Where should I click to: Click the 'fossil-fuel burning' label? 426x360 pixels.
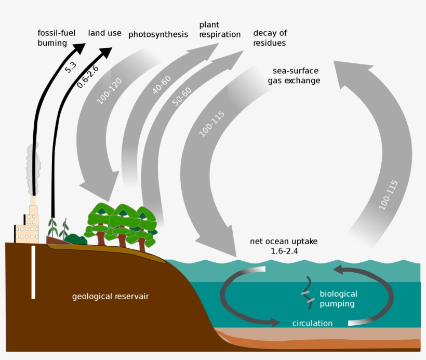coord(56,38)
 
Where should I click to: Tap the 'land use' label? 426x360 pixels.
coord(104,33)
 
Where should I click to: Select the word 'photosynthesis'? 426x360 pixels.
coord(158,35)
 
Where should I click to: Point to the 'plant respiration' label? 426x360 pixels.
coord(220,30)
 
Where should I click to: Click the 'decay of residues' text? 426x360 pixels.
coord(270,38)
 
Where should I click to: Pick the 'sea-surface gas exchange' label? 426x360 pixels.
coord(294,76)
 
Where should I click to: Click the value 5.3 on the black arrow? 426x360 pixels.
coord(71,67)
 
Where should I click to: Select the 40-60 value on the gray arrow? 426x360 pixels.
coord(162,83)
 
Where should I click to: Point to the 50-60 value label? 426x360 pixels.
coord(182,97)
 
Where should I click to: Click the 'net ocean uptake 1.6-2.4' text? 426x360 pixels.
coord(284,246)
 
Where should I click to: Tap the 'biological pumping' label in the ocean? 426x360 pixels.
coord(338,299)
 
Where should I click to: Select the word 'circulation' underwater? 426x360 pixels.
coord(312,323)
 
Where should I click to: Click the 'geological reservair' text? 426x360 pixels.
coord(110,297)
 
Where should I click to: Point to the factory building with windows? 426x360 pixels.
coord(27,231)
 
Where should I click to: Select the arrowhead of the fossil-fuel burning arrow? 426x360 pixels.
coord(79,49)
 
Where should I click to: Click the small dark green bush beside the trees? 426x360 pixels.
coord(76,239)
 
